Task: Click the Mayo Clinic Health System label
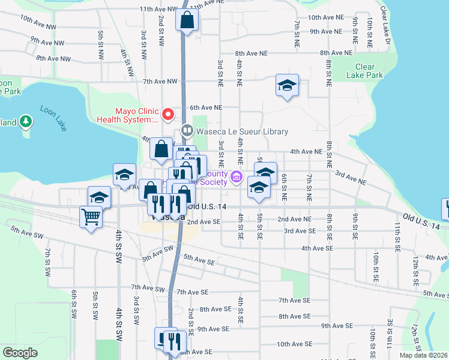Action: point(134,115)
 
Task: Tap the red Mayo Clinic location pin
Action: point(169,114)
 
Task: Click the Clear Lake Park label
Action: point(364,71)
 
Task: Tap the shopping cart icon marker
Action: point(91,217)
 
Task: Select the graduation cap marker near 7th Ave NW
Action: point(287,85)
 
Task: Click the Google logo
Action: point(20,353)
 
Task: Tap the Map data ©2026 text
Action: point(423,355)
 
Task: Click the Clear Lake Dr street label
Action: point(385,26)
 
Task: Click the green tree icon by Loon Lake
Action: point(25,122)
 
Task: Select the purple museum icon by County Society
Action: point(237,177)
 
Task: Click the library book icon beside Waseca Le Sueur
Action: point(187,131)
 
